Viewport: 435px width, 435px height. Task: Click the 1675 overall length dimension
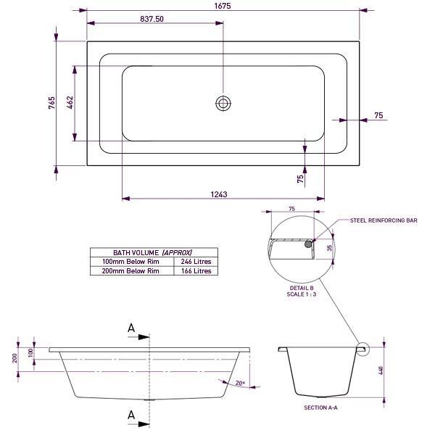[223, 6]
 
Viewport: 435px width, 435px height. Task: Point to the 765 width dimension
[51, 103]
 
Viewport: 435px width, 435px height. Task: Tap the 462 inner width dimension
[70, 103]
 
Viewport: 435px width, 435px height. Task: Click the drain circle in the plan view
[223, 103]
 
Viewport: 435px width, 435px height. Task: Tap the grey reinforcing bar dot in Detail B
[310, 244]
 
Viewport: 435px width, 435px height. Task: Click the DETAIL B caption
[302, 287]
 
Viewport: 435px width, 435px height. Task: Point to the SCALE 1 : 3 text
[302, 294]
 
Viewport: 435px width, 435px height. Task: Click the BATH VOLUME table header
[153, 252]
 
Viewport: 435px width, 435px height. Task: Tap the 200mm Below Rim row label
[131, 270]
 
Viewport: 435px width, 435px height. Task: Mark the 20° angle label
[240, 382]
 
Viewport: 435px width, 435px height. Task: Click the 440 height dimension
[379, 370]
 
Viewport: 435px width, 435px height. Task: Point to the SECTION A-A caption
[321, 408]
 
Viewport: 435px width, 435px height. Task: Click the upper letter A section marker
[131, 328]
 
